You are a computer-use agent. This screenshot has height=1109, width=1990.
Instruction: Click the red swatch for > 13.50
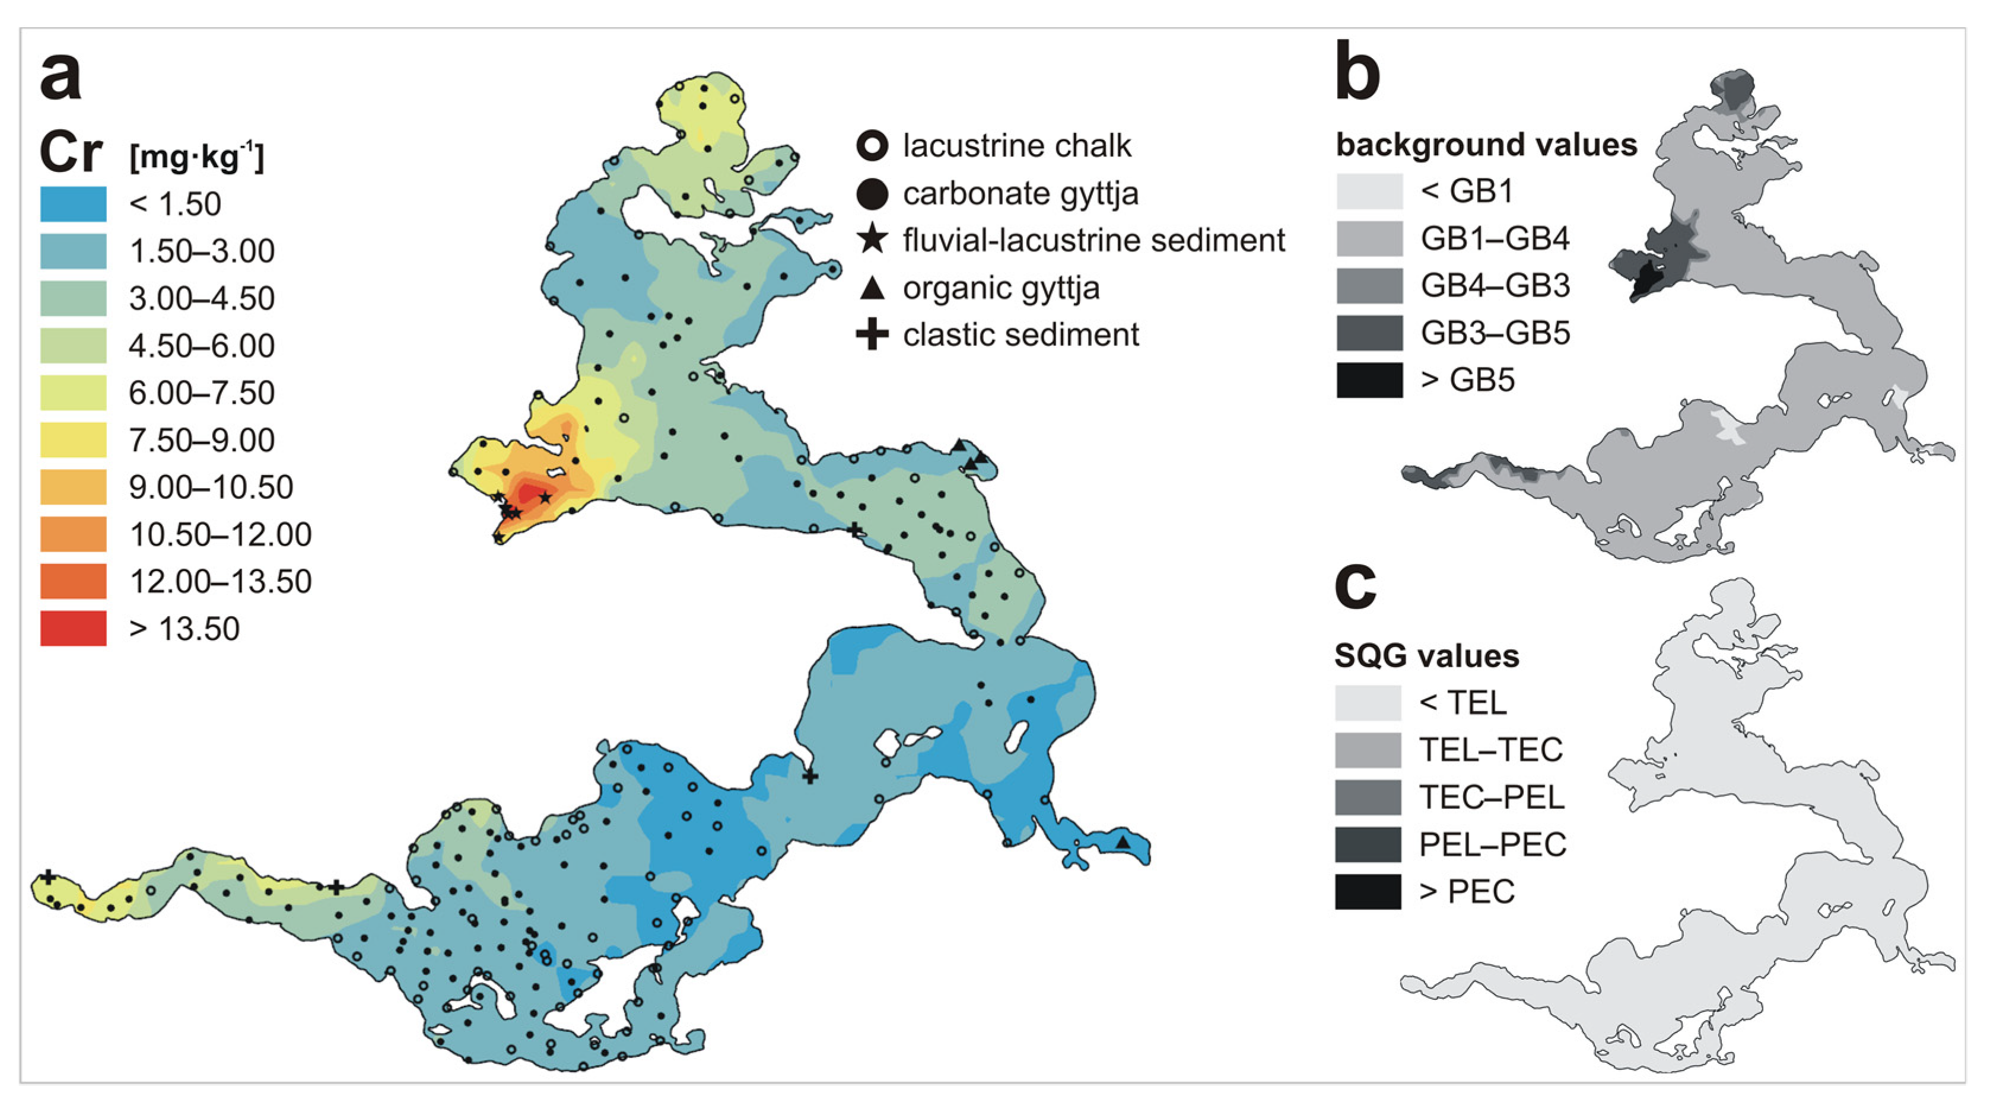(x=74, y=629)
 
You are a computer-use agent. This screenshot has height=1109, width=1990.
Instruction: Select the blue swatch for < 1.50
(x=74, y=204)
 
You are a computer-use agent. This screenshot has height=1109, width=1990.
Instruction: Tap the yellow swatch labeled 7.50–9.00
(x=74, y=440)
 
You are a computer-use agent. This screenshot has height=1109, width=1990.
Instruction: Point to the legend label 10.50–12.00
(x=220, y=534)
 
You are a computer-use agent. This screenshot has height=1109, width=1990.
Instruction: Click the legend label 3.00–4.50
(x=202, y=298)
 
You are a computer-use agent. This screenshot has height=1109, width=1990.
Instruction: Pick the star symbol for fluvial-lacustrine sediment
(x=872, y=240)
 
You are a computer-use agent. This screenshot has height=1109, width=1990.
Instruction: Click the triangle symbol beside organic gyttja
(x=872, y=288)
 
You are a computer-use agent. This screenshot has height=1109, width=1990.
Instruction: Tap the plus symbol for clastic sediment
(x=872, y=334)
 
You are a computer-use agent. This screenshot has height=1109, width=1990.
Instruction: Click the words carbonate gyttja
(x=1021, y=194)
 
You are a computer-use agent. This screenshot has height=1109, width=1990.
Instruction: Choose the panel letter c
(x=1356, y=587)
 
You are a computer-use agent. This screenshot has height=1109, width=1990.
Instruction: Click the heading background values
(x=1486, y=145)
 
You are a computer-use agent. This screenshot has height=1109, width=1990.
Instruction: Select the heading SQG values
(x=1427, y=657)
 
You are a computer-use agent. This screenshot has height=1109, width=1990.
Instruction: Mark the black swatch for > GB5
(x=1369, y=380)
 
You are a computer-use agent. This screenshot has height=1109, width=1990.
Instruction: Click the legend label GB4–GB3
(x=1495, y=286)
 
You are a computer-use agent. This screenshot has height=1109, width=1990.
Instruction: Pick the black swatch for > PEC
(x=1368, y=891)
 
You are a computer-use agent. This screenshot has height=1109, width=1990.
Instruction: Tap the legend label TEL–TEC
(x=1491, y=750)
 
